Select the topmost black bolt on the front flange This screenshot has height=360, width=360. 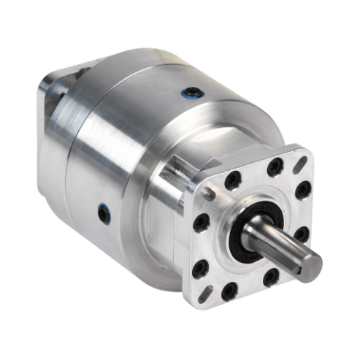click(x=275, y=167)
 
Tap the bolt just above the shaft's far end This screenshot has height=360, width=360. click(x=299, y=234)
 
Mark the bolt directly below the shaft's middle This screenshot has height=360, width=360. click(x=270, y=277)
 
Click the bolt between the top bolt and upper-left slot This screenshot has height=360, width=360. click(x=233, y=180)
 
